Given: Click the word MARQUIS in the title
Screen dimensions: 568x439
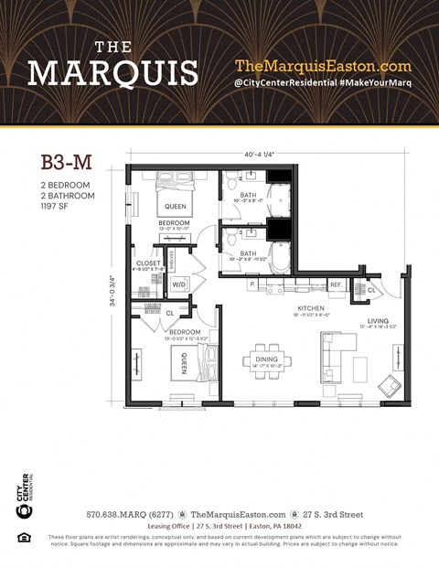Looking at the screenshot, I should click(113, 71).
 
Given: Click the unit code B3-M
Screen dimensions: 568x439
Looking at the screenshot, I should click(66, 163).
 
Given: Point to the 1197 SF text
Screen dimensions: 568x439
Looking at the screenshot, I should click(57, 207).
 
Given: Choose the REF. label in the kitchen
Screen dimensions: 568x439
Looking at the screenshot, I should click(336, 285).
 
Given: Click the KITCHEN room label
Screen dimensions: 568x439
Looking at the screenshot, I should click(310, 308).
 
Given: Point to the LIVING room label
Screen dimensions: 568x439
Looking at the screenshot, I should click(378, 321).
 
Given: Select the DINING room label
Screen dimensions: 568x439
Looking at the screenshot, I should click(266, 334).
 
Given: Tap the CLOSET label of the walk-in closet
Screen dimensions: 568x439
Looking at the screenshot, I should click(148, 263).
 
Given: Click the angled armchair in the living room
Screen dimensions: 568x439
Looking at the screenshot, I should click(389, 385).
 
